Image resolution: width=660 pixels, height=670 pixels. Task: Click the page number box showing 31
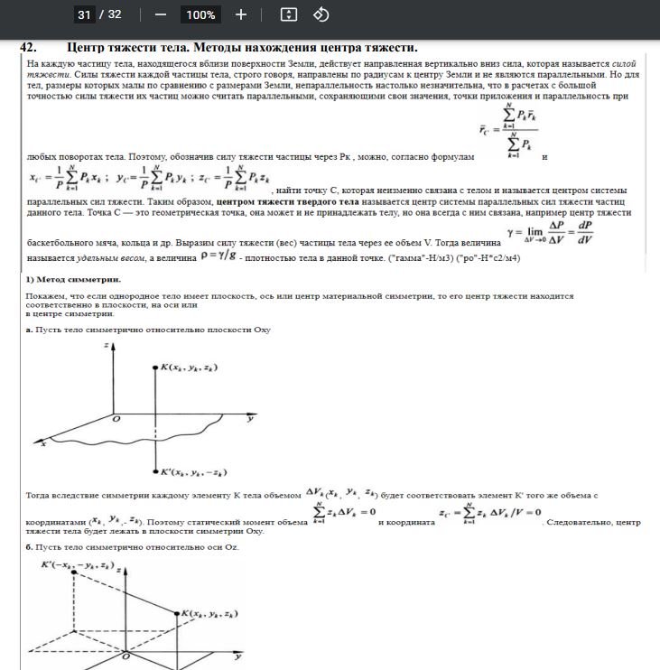coord(84,14)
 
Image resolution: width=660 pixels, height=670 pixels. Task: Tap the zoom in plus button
coord(241,14)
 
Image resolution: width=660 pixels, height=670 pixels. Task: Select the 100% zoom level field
coord(200,14)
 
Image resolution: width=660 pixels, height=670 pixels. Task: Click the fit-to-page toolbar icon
coord(288,14)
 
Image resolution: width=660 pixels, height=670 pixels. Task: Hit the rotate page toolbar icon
coord(321,14)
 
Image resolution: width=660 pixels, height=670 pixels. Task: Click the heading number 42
coord(29,48)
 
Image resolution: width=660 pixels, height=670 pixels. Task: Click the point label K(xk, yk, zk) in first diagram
coord(193,368)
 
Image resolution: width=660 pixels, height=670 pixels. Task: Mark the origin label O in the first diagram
coord(115,420)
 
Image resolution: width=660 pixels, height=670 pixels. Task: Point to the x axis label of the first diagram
coord(43,443)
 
